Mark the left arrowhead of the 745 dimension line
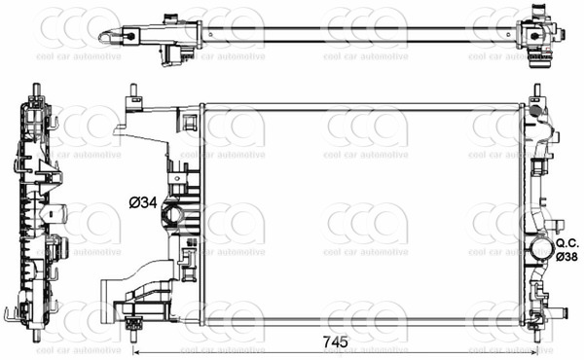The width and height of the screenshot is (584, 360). click(136, 352)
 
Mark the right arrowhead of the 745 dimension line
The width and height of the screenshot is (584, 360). click(532, 352)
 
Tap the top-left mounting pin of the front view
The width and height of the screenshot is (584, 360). click(130, 95)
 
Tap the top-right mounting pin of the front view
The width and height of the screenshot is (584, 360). click(535, 95)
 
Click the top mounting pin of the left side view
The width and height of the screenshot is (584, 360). click(36, 93)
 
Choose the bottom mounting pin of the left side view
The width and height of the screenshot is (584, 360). click(36, 330)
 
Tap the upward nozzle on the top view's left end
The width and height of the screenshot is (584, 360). click(172, 18)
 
